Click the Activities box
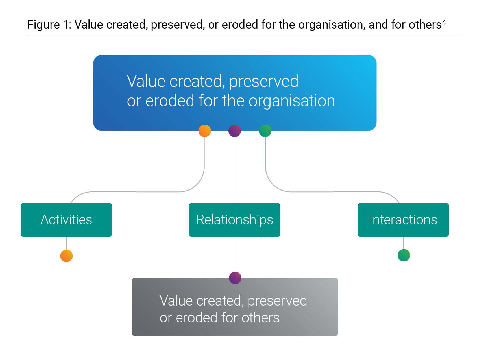pos(66,220)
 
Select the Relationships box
pos(235,220)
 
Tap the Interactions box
pos(403,220)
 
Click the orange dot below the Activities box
pos(67,256)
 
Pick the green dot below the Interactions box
pos(404,255)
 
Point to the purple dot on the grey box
pos(235,278)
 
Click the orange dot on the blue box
pos(205,131)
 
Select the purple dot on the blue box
pos(235,131)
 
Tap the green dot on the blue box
pos(265,131)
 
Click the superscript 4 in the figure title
pos(444,22)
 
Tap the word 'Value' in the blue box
pos(146,81)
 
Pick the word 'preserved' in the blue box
pos(264,82)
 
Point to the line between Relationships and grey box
pos(235,254)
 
